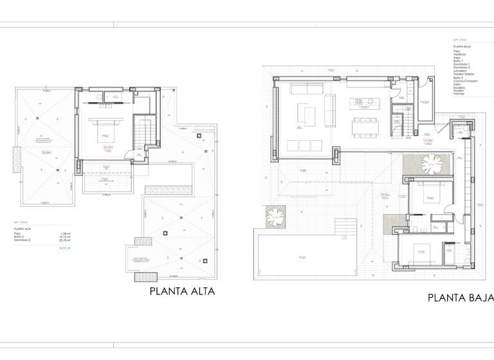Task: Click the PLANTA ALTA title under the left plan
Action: (181, 291)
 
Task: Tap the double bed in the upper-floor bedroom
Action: (105, 132)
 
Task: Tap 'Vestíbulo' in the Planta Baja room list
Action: (460, 53)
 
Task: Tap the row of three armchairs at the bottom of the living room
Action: (304, 143)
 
